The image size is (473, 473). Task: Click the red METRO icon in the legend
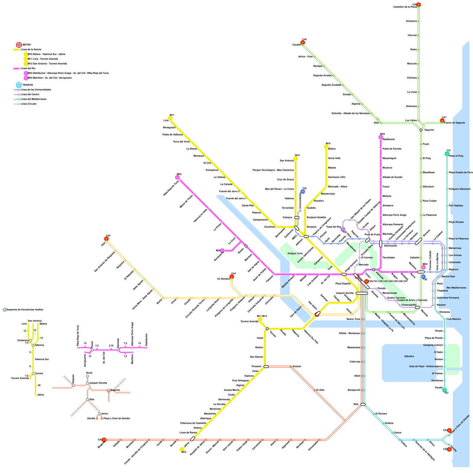[x=19, y=45]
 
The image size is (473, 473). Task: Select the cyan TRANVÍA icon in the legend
[x=19, y=85]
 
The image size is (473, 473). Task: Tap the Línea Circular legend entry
[x=28, y=104]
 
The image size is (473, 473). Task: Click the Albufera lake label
[x=409, y=357]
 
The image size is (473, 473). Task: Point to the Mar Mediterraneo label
[x=456, y=288]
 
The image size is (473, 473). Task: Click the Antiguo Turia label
[x=295, y=254]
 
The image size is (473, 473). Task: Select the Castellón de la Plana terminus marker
[x=419, y=5]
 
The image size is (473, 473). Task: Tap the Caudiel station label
[x=296, y=45]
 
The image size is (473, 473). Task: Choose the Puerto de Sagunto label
[x=454, y=123]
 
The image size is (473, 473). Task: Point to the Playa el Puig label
[x=456, y=156]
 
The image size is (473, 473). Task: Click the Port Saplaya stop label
[x=456, y=206]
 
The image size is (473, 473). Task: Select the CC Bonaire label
[x=223, y=279]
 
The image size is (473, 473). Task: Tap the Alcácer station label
[x=297, y=367]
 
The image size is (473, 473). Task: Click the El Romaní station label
[x=381, y=414]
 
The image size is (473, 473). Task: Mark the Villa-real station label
[x=412, y=35]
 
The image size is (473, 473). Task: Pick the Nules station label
[x=413, y=50]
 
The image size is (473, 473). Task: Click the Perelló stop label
[x=439, y=388]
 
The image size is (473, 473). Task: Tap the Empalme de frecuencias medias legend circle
[x=5, y=310]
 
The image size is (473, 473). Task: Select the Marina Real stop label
[x=448, y=277]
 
